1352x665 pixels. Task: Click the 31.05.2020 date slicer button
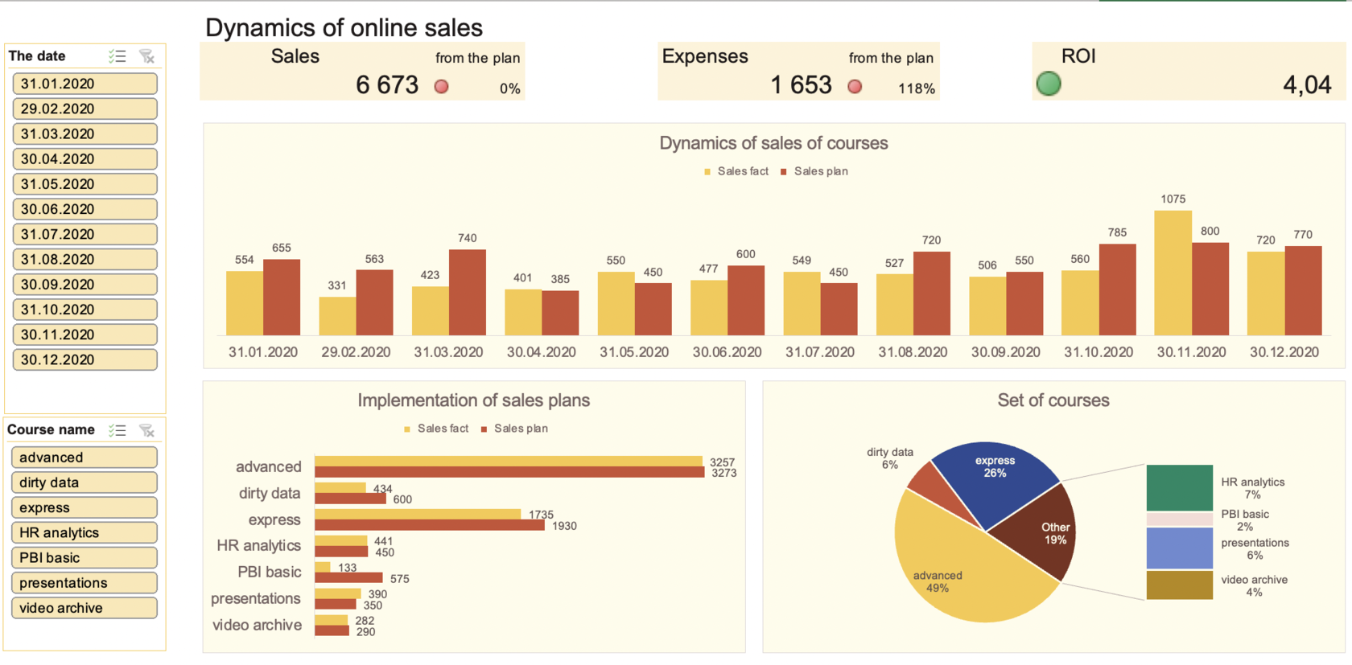[84, 184]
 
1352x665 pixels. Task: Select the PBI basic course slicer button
[84, 558]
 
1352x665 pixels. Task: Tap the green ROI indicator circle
[1049, 84]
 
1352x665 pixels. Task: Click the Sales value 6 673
[387, 85]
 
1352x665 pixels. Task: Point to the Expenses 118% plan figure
[917, 88]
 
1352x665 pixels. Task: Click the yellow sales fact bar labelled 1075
[1173, 273]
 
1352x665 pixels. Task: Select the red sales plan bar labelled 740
[468, 293]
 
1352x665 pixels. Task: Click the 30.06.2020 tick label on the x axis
[727, 352]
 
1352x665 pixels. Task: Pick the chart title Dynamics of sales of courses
[773, 143]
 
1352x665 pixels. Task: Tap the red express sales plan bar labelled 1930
[430, 526]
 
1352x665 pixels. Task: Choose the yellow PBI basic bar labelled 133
[323, 567]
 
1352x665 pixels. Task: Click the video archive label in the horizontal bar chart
[257, 626]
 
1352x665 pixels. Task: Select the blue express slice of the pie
[994, 478]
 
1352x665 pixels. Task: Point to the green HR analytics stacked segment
[1179, 487]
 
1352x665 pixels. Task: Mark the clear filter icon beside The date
[146, 56]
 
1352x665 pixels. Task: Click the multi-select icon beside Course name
[117, 430]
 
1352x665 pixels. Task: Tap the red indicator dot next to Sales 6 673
[442, 87]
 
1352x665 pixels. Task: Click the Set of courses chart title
[1053, 400]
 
